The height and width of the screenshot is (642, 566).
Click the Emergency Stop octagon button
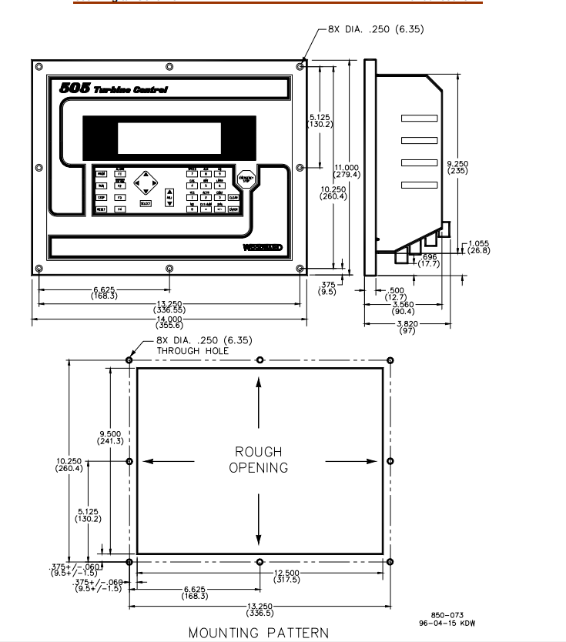[245, 179]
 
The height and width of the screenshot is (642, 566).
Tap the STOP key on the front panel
[101, 198]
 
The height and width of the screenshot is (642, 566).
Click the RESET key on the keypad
[101, 209]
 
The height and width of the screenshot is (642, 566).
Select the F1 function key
[120, 175]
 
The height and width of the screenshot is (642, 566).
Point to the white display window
[169, 136]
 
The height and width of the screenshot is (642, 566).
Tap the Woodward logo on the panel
[262, 247]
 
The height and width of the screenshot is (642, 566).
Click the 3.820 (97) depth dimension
[407, 327]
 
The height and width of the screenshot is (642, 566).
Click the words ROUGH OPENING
[259, 460]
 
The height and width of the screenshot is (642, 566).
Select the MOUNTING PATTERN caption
[259, 633]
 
